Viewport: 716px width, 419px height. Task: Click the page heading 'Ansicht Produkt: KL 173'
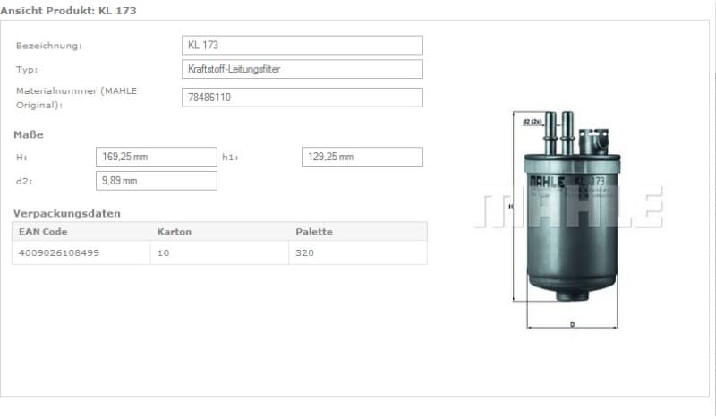point(69,11)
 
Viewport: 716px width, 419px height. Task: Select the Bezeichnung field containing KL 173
point(302,46)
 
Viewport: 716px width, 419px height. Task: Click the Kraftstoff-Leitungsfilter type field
point(302,70)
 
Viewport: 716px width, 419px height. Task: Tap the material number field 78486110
point(302,98)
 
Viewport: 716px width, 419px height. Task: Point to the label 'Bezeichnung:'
point(49,46)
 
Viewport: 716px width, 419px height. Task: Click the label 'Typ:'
point(27,70)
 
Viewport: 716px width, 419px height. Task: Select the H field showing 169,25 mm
point(156,157)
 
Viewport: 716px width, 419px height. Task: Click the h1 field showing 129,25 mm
point(362,157)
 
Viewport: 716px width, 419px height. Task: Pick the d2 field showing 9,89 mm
point(156,181)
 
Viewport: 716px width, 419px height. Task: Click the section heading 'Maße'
point(28,134)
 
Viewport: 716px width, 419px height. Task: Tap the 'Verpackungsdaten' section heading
point(66,213)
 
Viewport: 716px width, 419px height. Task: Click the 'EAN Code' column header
point(43,232)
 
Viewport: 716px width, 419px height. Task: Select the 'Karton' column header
point(174,232)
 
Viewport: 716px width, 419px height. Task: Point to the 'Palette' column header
point(313,232)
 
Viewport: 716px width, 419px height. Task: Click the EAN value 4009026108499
point(58,253)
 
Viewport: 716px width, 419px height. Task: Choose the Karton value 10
point(164,253)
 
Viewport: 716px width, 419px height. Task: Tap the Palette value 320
point(305,253)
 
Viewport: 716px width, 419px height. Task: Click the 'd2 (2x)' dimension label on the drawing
point(532,121)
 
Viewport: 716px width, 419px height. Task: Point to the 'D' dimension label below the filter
point(572,325)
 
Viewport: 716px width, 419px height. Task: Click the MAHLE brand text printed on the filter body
point(547,181)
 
